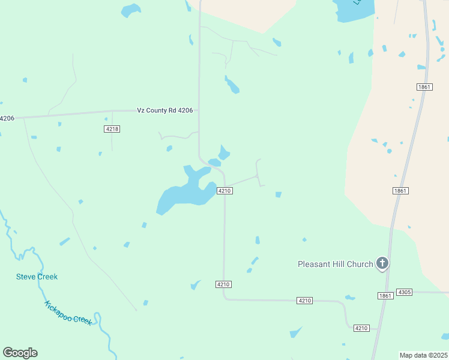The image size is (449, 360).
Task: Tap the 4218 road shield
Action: [112, 129]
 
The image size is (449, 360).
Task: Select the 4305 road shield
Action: [405, 292]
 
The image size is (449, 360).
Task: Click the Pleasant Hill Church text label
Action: [336, 264]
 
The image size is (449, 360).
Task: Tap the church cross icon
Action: [382, 263]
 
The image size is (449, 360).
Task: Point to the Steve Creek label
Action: [37, 277]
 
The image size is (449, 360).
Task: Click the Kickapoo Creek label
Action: [68, 313]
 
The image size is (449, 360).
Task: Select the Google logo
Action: [20, 353]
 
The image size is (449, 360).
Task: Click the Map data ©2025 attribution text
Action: [423, 355]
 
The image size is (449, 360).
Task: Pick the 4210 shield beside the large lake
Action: [224, 191]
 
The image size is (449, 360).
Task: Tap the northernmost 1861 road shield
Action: [424, 87]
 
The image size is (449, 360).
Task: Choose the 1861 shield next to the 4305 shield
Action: [385, 296]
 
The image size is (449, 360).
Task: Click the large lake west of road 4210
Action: [183, 193]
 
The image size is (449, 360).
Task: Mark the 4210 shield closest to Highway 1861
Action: [361, 328]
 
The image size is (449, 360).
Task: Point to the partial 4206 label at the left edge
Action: [7, 118]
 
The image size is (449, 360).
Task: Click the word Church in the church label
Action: [359, 264]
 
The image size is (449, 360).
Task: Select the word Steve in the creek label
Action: [26, 277]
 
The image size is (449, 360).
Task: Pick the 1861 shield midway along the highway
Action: [401, 191]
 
